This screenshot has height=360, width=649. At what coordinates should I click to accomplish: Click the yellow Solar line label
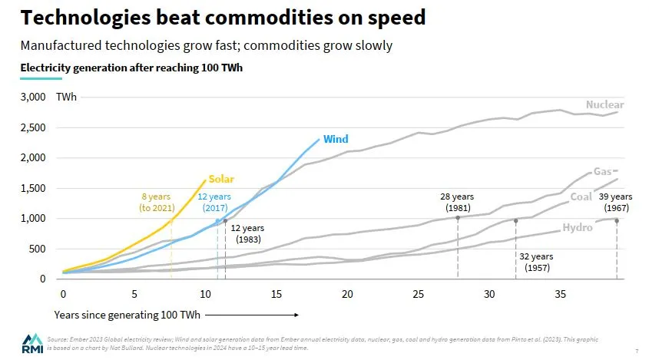[221, 179]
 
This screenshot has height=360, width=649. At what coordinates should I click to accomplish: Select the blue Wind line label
[336, 139]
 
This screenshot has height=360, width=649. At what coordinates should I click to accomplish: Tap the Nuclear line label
[604, 105]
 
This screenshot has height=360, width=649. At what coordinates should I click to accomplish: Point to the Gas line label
[602, 172]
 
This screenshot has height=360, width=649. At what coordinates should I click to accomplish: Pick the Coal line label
[581, 197]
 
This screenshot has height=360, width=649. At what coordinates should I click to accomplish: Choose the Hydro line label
[578, 228]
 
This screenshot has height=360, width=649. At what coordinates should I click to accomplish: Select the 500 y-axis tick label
[38, 249]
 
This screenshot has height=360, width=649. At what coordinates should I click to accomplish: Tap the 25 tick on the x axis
[418, 294]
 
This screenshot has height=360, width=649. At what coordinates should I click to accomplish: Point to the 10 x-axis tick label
[205, 294]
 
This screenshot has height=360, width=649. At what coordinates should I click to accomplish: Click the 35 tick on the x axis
[560, 294]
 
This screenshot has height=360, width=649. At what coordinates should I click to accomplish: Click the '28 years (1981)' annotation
[458, 202]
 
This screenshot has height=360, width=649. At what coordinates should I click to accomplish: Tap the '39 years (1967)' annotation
[616, 202]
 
